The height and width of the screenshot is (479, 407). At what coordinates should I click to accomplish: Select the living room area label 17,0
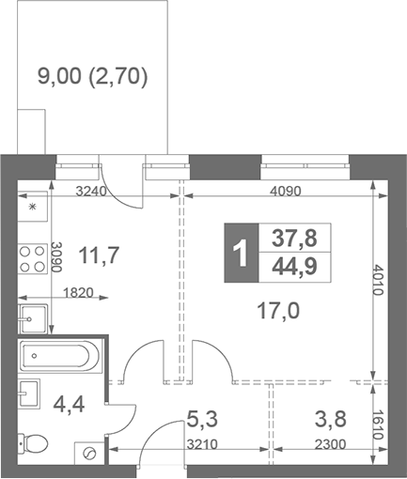[x=278, y=309]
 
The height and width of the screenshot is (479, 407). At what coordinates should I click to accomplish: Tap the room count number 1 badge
[x=241, y=254]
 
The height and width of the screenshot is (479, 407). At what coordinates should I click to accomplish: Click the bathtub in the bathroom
[x=57, y=356]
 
